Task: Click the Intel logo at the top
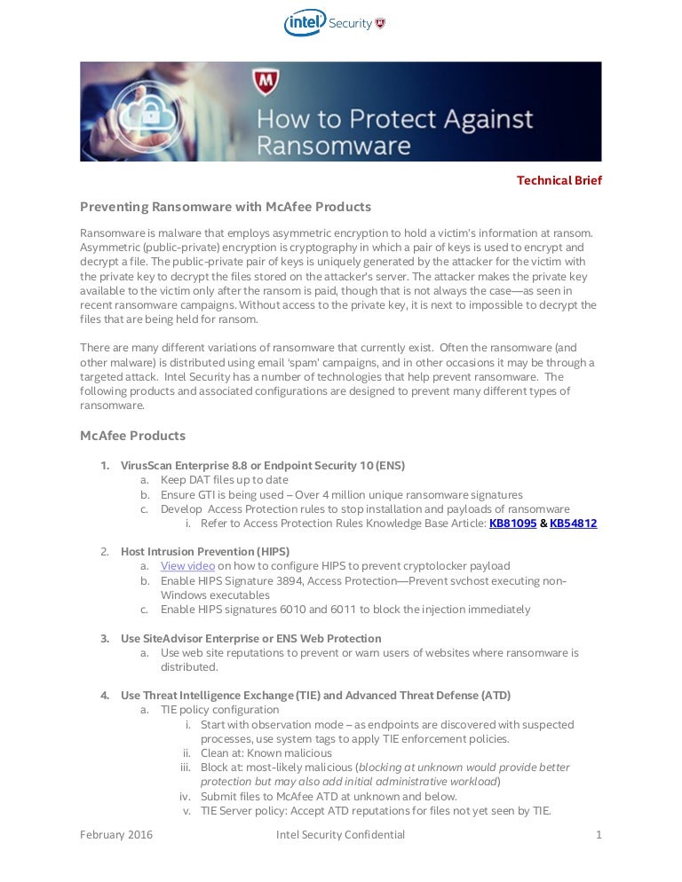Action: point(305,23)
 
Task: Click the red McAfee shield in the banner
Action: point(266,83)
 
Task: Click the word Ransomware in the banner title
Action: point(334,145)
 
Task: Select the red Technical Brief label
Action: point(559,180)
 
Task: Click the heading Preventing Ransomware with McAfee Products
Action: point(226,207)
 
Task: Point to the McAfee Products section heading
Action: point(132,436)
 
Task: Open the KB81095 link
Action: point(512,524)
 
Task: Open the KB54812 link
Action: point(573,524)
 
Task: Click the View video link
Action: point(187,566)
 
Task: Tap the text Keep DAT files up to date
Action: point(224,480)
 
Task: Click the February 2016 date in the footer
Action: point(116,834)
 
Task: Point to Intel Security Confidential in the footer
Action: point(340,834)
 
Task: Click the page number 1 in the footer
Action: point(599,834)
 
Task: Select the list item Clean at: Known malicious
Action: point(265,752)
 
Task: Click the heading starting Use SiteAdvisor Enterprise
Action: point(250,638)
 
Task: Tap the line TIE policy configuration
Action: point(219,710)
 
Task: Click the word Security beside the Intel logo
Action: point(350,24)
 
